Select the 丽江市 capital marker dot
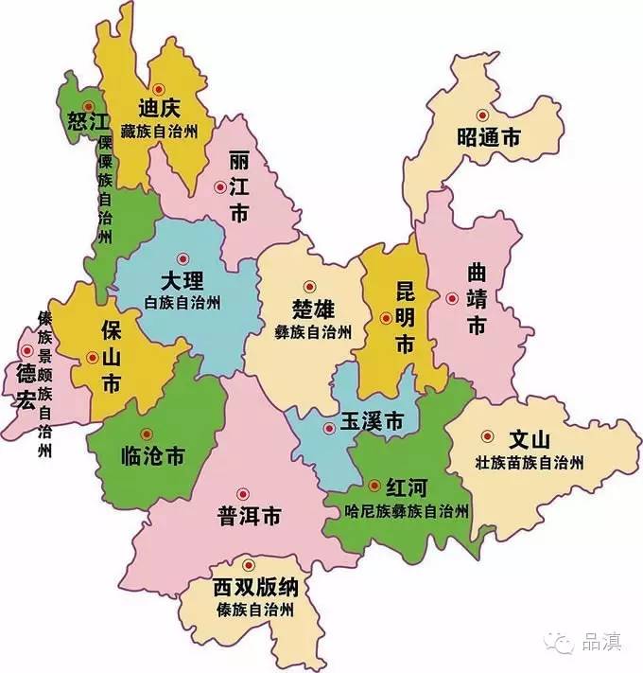tap(220, 187)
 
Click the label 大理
tap(182, 281)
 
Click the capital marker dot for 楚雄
tap(308, 286)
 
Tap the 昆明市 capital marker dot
tap(386, 319)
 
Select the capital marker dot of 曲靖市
tap(452, 298)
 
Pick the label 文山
tap(529, 441)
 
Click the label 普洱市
tap(249, 517)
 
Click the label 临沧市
tap(153, 456)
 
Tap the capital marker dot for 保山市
tap(92, 357)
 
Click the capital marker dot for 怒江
tap(88, 105)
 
